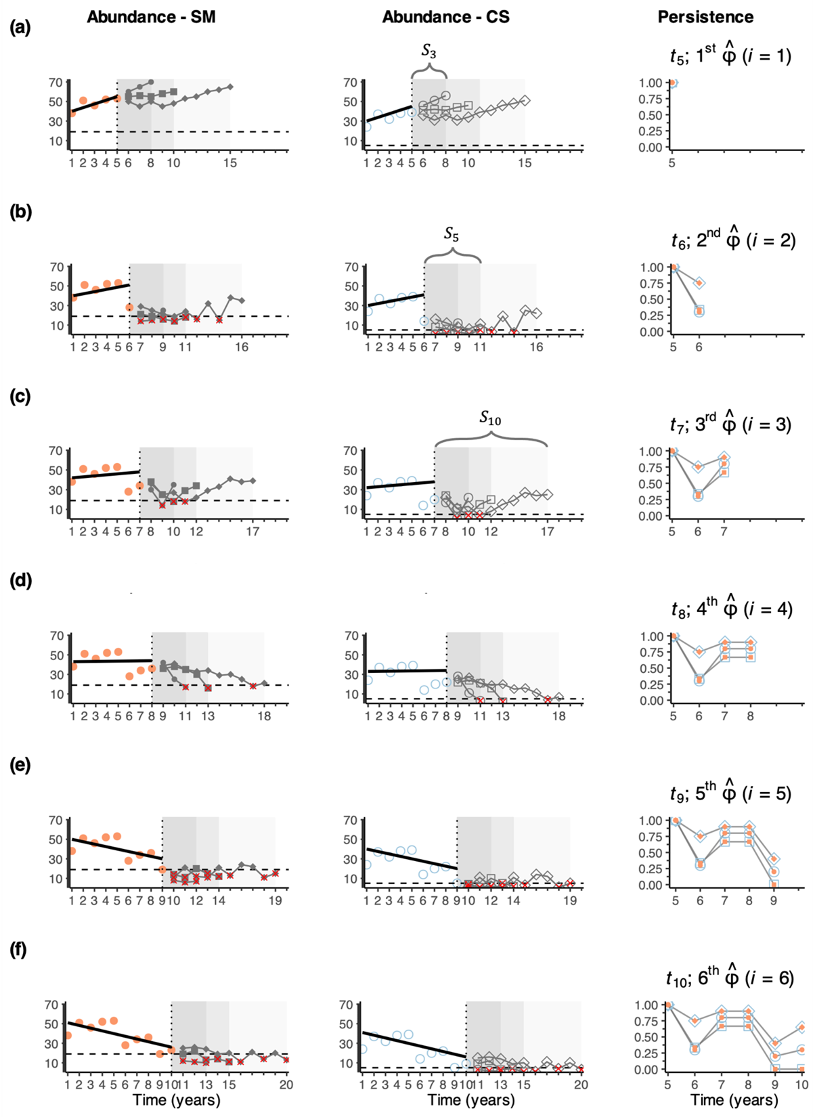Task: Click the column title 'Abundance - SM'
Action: (x=151, y=17)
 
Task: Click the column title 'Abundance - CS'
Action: (x=445, y=17)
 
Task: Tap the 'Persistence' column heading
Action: (x=705, y=17)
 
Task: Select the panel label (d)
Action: (x=21, y=580)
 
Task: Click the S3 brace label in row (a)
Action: (x=429, y=51)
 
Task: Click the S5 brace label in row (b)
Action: (x=452, y=234)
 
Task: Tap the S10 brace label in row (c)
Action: (x=490, y=419)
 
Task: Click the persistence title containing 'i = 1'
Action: (x=726, y=56)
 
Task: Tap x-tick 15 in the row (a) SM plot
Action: (x=230, y=163)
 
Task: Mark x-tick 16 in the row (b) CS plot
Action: (x=536, y=347)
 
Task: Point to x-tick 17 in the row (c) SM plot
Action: (x=252, y=532)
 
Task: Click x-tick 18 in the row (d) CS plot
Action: (x=558, y=716)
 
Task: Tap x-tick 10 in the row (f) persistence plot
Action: (x=801, y=1085)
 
